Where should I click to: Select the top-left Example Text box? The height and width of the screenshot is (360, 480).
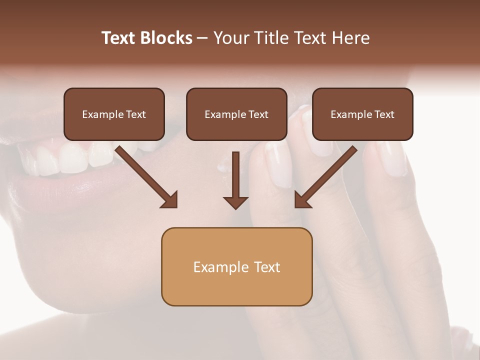pos(114,114)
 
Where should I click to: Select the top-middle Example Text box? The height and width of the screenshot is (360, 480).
pos(236,114)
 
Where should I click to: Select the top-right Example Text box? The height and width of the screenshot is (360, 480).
pos(362,114)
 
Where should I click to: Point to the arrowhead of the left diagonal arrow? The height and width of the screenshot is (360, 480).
pos(170,200)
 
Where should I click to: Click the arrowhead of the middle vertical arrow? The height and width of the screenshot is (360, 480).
pos(235,202)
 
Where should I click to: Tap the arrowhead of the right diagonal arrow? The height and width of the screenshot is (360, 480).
pos(302,200)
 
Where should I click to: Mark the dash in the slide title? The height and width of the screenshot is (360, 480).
pos(202,38)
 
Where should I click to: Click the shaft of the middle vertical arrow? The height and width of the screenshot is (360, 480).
pos(235,172)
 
